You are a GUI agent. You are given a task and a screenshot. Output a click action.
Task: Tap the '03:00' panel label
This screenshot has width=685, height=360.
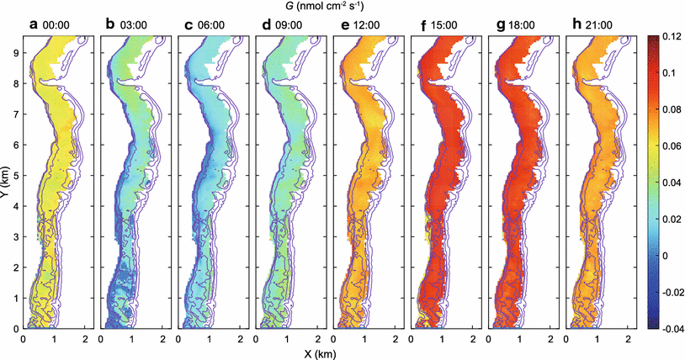[126, 26]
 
